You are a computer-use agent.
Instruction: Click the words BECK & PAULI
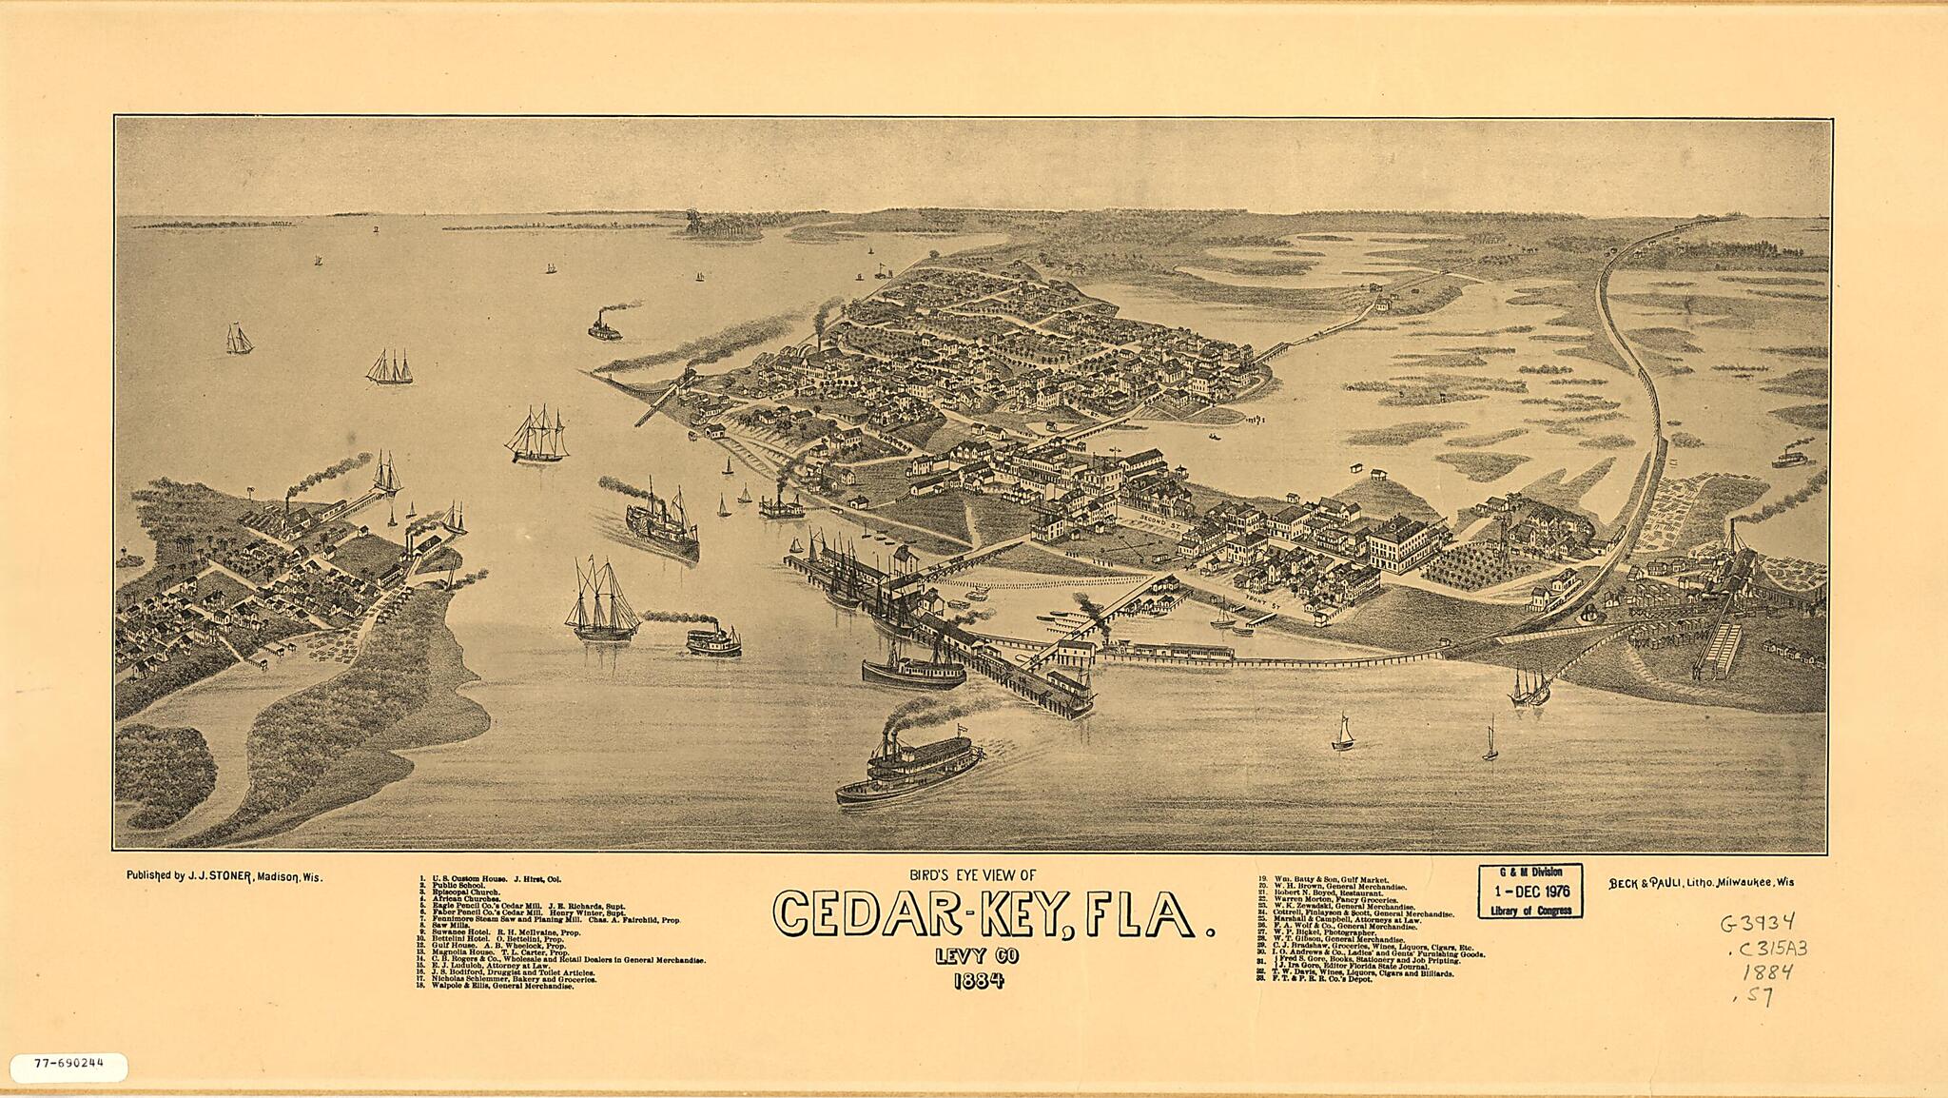click(1643, 882)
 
